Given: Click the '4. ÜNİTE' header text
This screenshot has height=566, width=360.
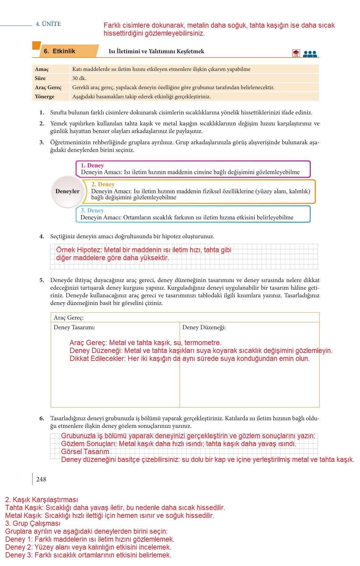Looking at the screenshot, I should [48, 24].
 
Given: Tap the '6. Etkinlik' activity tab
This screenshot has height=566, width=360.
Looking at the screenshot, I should [59, 51].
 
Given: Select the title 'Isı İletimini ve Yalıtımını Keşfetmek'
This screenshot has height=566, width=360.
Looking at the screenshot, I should [156, 51].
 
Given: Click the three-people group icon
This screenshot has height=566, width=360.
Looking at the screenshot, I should [310, 54].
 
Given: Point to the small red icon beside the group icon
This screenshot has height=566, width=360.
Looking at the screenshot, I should [296, 53].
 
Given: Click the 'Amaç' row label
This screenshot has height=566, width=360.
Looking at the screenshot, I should [42, 69].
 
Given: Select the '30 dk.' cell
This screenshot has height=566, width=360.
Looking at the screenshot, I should [79, 78].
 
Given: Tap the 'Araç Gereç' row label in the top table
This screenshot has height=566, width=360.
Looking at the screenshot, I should [48, 87].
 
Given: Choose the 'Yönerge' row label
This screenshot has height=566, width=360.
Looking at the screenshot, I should [44, 96].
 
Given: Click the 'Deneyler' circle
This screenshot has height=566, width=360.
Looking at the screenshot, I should [67, 191].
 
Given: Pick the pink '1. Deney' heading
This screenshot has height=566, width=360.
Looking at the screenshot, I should [92, 166].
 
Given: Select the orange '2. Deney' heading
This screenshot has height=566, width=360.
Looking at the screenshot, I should [103, 184].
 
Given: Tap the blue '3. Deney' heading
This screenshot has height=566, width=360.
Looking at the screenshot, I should [92, 211].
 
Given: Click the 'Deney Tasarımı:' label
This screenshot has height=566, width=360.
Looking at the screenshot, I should [74, 327].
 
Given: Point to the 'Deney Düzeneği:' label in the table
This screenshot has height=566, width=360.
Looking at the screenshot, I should [204, 327].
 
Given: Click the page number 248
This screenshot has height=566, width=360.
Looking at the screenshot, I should [41, 479].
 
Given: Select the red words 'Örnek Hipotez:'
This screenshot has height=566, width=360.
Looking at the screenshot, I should [79, 250].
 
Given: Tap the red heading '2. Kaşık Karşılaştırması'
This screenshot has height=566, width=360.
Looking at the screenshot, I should [42, 500].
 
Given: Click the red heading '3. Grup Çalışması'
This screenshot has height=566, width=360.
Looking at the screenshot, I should [33, 523].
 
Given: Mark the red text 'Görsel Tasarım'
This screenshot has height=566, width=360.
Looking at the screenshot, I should [85, 452].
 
